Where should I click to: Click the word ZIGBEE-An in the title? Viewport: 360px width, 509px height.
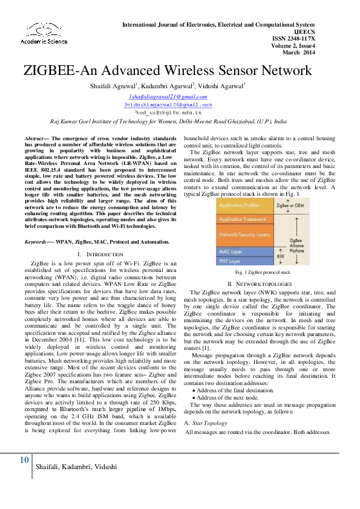tap(59, 70)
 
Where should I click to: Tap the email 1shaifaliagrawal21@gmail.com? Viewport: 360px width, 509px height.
tap(168, 97)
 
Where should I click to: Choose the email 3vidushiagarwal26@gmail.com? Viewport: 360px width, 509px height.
tap(168, 105)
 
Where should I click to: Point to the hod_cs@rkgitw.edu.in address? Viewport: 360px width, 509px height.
tap(168, 112)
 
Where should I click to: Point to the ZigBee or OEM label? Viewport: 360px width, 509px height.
tap(289, 206)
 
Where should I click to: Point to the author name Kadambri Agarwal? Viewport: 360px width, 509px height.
tap(167, 87)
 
